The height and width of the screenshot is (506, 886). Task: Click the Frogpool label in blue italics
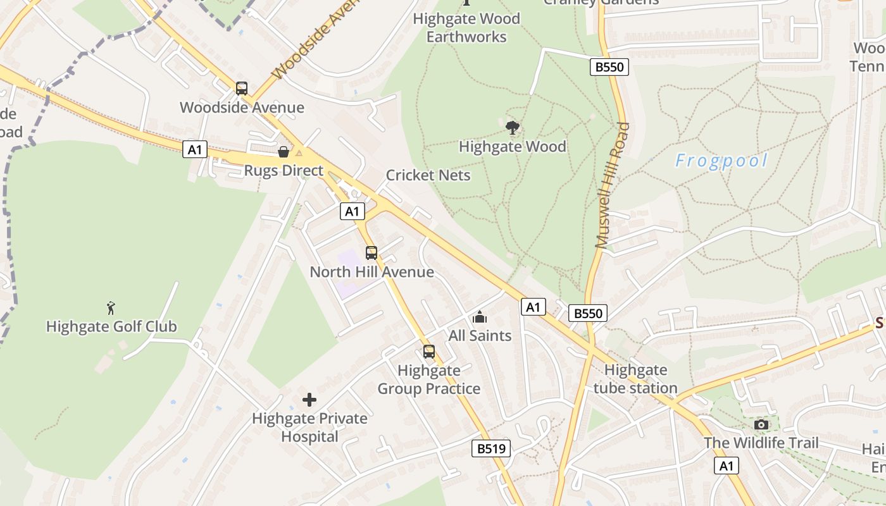click(x=721, y=161)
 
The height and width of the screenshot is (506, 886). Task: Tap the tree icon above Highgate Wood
click(x=512, y=128)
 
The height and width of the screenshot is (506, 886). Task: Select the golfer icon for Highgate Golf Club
click(x=111, y=308)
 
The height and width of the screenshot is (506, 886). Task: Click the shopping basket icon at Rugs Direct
click(x=284, y=152)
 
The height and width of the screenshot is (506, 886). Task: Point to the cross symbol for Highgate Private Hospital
click(x=309, y=400)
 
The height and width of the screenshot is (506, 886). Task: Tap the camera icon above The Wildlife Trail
click(x=761, y=424)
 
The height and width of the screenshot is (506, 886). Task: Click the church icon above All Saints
click(x=480, y=317)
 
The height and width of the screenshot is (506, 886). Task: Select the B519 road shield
click(x=491, y=448)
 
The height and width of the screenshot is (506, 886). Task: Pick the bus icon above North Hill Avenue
click(x=371, y=253)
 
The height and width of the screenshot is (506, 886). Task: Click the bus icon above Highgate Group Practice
click(x=429, y=352)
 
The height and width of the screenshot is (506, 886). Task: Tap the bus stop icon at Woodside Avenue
click(x=242, y=89)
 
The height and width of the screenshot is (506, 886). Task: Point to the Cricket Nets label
click(x=428, y=175)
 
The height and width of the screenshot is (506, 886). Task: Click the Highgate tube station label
click(x=635, y=379)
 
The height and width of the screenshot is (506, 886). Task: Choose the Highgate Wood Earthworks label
click(x=466, y=28)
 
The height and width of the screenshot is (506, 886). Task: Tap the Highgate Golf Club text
click(x=111, y=327)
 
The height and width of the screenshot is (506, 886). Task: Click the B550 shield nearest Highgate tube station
click(x=587, y=312)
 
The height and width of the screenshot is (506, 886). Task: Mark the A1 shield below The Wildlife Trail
click(x=726, y=466)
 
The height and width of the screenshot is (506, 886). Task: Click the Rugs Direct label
click(x=284, y=171)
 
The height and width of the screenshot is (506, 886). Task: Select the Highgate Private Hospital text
click(x=309, y=428)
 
